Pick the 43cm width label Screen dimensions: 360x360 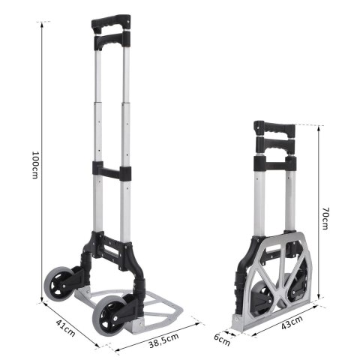click(292, 324)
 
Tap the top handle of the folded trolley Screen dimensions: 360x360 click(274, 128)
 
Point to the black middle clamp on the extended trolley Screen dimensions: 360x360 click(112, 172)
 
